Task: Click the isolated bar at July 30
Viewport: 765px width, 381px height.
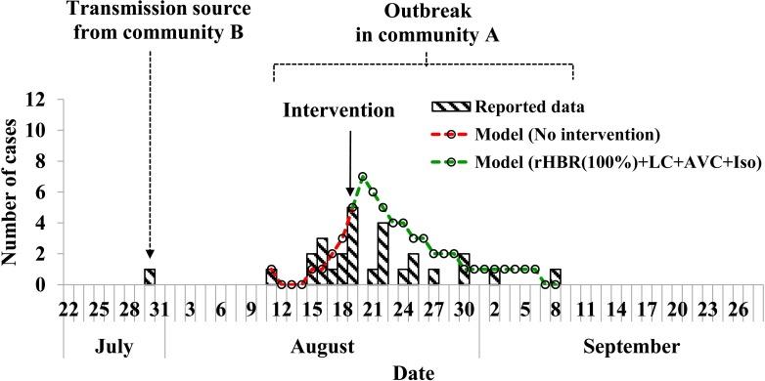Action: coord(150,276)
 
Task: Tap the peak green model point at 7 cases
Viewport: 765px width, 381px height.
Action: coord(362,177)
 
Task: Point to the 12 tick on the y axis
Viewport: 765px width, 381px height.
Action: coord(37,100)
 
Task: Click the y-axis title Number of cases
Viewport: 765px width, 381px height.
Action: coord(15,191)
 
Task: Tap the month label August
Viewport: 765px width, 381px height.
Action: coord(322,346)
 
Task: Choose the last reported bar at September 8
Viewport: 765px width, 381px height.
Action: coord(556,276)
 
